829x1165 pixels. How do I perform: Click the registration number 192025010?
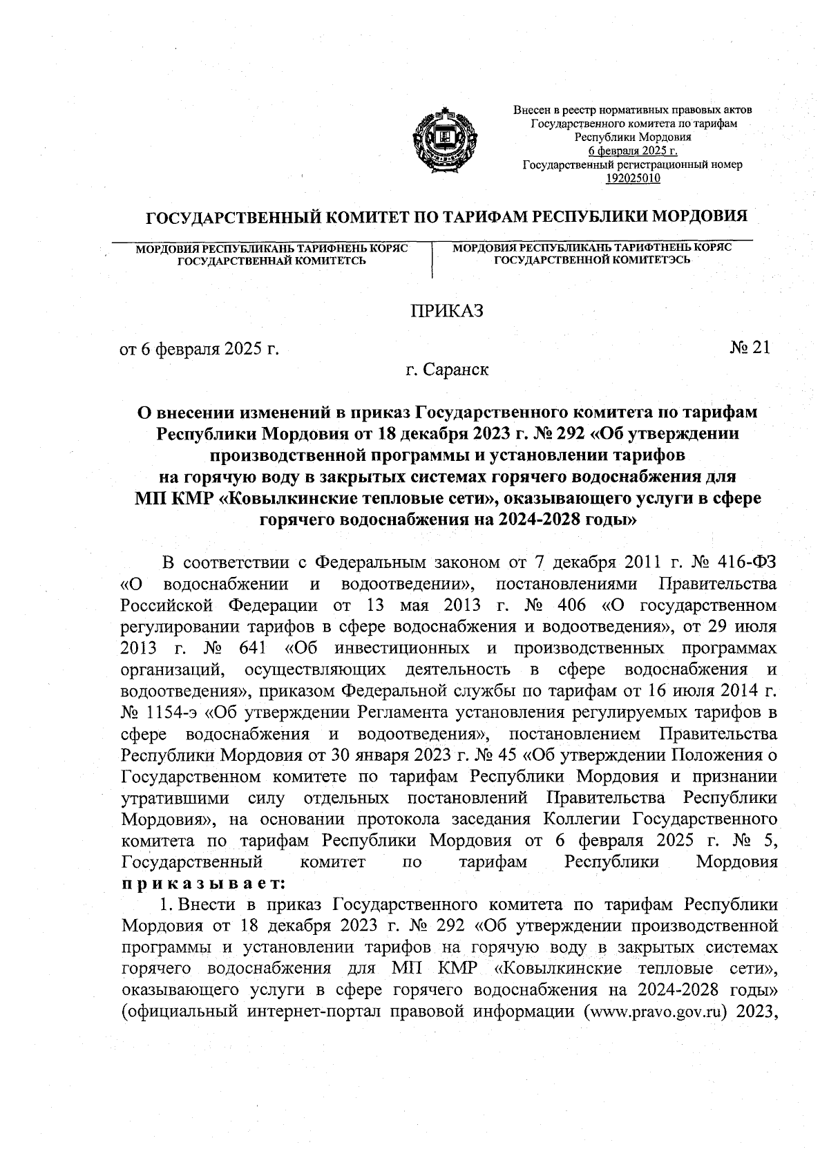tap(632, 178)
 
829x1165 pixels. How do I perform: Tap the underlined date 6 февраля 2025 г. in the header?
tap(632, 151)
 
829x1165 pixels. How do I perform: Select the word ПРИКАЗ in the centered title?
tap(447, 311)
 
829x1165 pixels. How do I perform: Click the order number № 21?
tap(749, 348)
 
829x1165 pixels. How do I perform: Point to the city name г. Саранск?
tap(447, 370)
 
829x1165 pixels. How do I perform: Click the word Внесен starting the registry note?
tap(528, 110)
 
